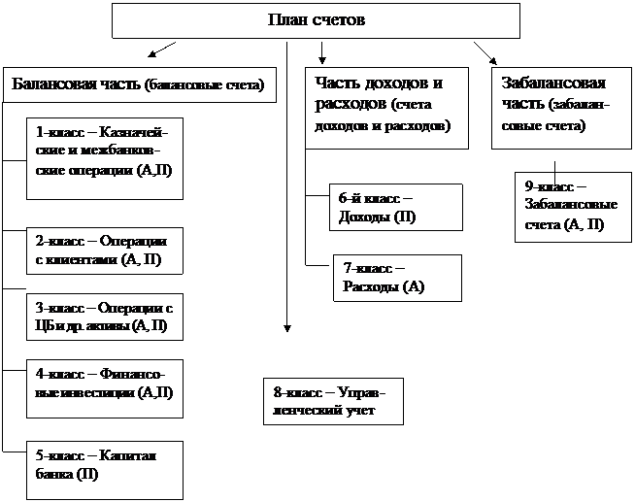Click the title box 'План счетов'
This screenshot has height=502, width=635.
pyautogui.click(x=316, y=20)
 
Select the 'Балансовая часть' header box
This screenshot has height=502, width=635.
pyautogui.click(x=138, y=84)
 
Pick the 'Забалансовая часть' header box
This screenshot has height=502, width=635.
pyautogui.click(x=556, y=106)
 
